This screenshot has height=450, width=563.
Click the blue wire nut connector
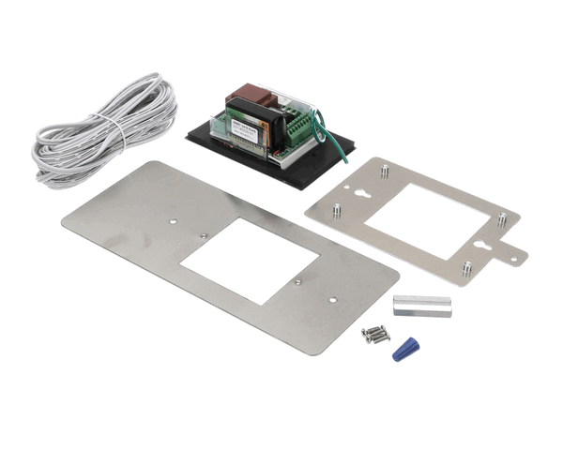405,348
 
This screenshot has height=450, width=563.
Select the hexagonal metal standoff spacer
421,307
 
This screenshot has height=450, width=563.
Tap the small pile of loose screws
374,334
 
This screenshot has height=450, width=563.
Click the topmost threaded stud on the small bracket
384,170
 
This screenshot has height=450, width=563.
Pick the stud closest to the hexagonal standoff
466,270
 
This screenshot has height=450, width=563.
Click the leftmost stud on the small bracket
336,210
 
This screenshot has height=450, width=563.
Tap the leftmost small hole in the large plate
173,221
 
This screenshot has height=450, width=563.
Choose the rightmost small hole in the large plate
333,299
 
